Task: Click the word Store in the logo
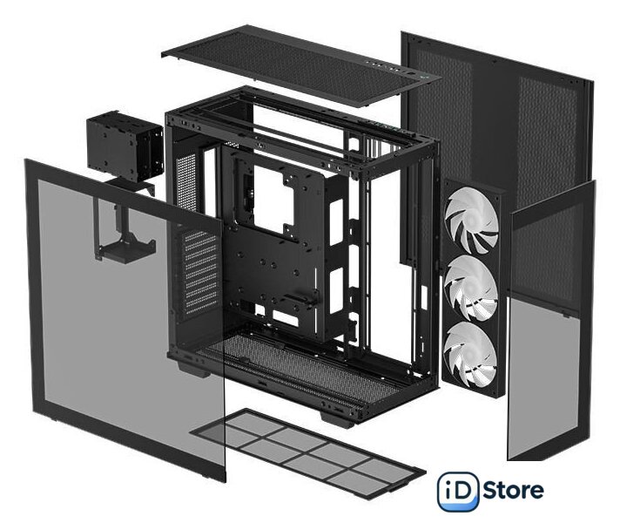click(x=513, y=491)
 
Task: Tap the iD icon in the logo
click(x=458, y=492)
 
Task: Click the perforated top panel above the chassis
click(x=300, y=65)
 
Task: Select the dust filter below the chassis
click(x=307, y=452)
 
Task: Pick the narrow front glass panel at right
click(x=550, y=321)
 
